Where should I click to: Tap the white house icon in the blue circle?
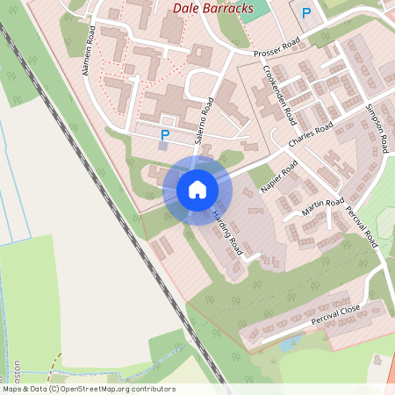pyautogui.click(x=197, y=190)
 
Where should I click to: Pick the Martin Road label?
pyautogui.click(x=323, y=208)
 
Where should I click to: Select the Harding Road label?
pyautogui.click(x=227, y=233)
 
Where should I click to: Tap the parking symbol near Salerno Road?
pyautogui.click(x=164, y=135)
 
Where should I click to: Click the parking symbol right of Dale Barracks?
pyautogui.click(x=306, y=13)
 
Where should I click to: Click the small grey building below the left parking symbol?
pyautogui.click(x=162, y=147)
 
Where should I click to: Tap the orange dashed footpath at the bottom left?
pyautogui.click(x=54, y=362)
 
